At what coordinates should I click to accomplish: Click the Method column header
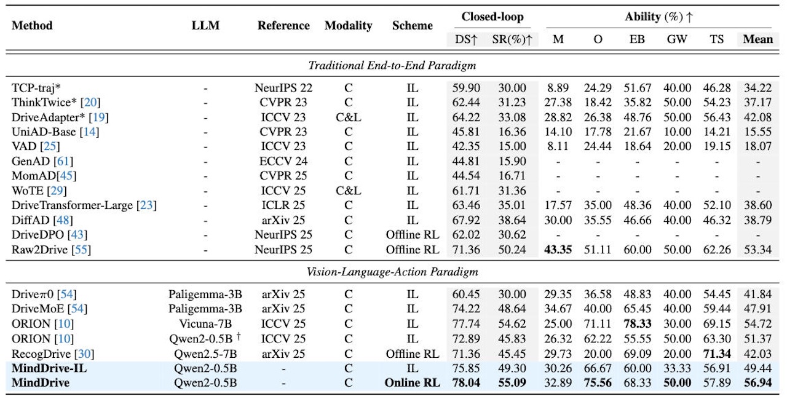[x=32, y=25]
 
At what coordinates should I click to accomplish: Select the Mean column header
[x=758, y=39]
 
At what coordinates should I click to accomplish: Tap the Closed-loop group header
[x=492, y=17]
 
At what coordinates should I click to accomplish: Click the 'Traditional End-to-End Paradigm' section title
[x=392, y=65]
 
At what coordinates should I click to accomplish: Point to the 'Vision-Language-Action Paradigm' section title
[x=392, y=272]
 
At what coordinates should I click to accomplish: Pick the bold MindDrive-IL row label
[x=49, y=368]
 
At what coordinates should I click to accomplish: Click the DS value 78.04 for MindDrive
[x=466, y=383]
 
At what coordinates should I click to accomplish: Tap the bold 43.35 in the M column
[x=558, y=250]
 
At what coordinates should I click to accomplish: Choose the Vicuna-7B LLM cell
[x=205, y=323]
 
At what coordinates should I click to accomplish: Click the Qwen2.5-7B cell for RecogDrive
[x=205, y=354]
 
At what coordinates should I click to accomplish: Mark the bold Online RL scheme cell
[x=413, y=383]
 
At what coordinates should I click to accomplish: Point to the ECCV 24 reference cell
[x=283, y=161]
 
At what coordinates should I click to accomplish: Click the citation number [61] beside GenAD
[x=63, y=161]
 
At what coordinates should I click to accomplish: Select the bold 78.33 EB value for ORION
[x=638, y=323]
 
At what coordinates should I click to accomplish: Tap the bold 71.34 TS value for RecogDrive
[x=717, y=354]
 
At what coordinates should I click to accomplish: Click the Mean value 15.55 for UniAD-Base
[x=758, y=132]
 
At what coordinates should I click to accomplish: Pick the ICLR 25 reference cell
[x=283, y=205]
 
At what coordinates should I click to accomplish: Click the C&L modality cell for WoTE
[x=348, y=191]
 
